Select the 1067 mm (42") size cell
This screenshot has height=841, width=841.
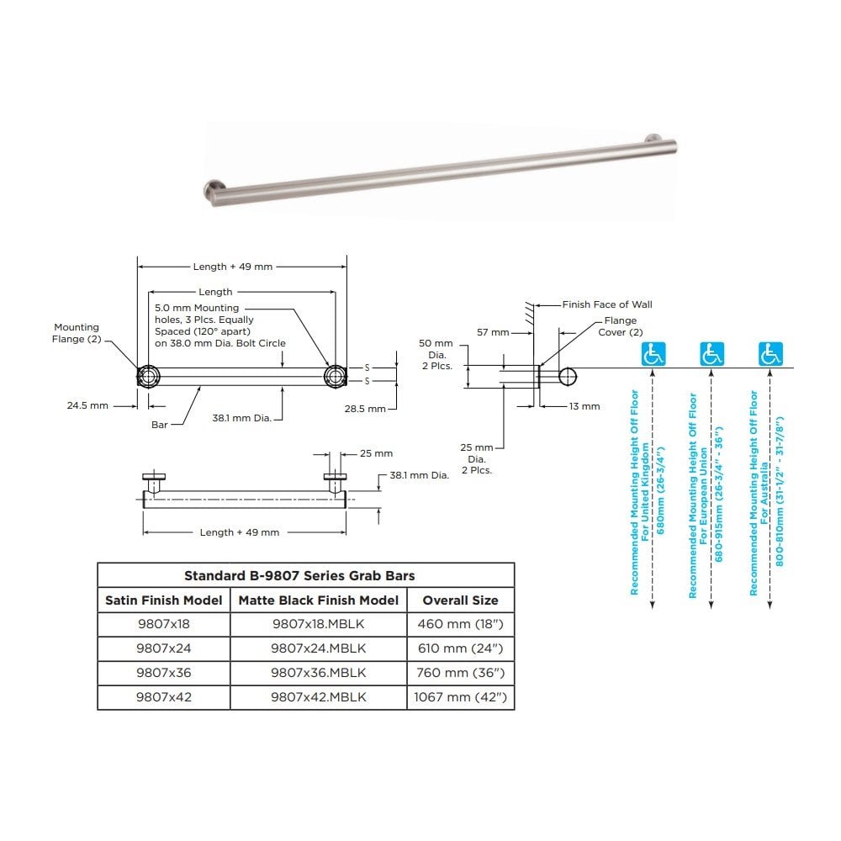460,697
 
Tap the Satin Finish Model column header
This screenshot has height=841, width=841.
164,600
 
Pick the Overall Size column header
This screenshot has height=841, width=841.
460,600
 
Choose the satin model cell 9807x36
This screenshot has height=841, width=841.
164,673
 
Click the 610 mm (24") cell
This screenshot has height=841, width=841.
460,648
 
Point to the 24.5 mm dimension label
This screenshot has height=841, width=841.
87,405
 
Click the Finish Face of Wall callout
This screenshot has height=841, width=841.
606,304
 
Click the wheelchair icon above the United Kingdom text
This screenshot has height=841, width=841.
653,354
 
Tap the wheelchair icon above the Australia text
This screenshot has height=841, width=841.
769,354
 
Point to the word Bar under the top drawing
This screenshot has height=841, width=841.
160,425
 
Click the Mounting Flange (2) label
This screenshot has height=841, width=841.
77,333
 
